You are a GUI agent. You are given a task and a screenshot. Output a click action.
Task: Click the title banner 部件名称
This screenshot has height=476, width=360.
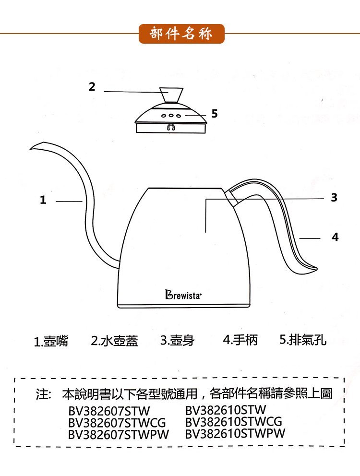(x=181, y=34)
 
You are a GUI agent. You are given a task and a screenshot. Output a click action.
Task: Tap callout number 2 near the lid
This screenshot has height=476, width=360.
(x=92, y=87)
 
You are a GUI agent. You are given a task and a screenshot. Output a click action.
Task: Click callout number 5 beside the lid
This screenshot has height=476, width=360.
(x=215, y=114)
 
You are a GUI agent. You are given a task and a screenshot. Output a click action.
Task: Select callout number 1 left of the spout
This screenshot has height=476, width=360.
(x=43, y=200)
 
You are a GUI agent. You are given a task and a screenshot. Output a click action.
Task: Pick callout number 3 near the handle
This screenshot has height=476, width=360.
(x=334, y=197)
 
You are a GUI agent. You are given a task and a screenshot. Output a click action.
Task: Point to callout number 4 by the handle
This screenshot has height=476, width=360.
(x=335, y=237)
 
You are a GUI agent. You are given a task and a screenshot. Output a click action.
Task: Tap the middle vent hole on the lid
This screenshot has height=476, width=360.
(x=171, y=116)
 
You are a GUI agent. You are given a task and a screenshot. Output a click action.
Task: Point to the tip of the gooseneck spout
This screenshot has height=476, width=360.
(x=31, y=148)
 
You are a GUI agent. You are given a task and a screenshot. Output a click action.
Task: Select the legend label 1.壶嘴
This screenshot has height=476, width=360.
(x=51, y=341)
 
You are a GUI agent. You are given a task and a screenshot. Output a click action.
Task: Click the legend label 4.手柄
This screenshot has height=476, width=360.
(x=241, y=340)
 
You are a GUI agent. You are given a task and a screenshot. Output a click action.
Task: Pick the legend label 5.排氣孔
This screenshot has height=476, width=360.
(x=303, y=340)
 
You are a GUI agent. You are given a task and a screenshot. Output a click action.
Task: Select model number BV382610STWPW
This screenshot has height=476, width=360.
(x=235, y=433)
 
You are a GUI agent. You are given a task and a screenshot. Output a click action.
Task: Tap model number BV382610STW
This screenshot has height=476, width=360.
(x=225, y=410)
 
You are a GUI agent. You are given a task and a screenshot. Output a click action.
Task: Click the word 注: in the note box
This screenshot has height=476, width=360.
(x=44, y=395)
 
